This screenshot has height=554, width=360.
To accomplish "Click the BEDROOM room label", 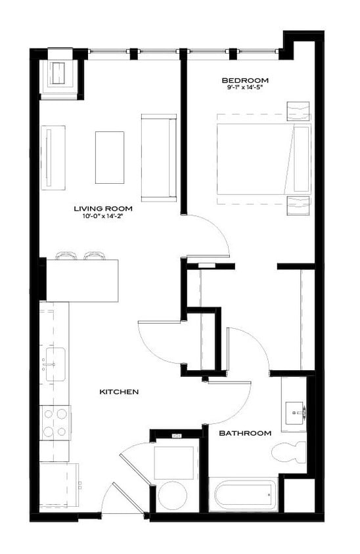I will (246, 81).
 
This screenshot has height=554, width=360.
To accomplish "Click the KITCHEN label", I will (118, 392).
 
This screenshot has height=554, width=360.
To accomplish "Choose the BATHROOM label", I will (245, 433).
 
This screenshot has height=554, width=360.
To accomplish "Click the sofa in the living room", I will (158, 158).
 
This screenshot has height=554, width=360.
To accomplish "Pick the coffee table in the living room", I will (109, 158).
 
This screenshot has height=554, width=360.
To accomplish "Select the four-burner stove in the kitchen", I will (55, 422).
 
